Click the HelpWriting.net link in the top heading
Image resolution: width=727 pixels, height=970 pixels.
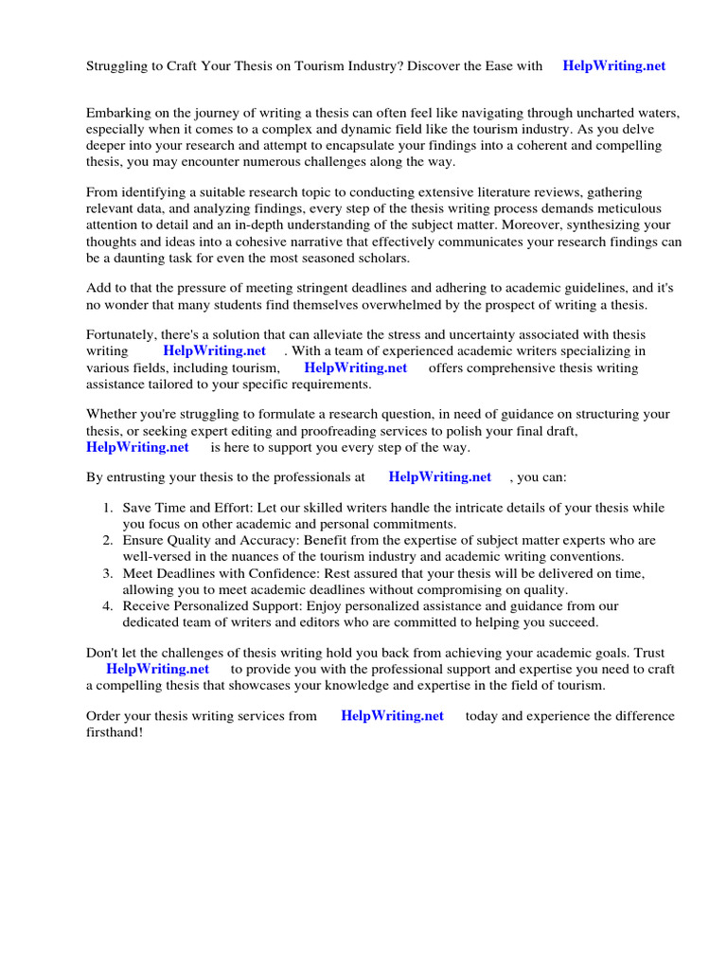pyautogui.click(x=613, y=66)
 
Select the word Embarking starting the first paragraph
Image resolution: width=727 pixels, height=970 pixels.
pyautogui.click(x=119, y=112)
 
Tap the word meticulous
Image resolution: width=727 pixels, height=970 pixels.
pyautogui.click(x=629, y=208)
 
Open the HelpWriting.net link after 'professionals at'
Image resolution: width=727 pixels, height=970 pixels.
pyautogui.click(x=440, y=477)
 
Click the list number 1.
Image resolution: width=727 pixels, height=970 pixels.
pyautogui.click(x=107, y=509)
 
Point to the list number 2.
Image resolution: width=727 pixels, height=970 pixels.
pyautogui.click(x=107, y=540)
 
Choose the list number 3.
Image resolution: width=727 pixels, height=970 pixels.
pyautogui.click(x=107, y=574)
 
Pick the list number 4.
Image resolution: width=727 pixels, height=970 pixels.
pyautogui.click(x=107, y=606)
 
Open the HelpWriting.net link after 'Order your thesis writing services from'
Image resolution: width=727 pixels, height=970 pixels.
pyautogui.click(x=392, y=716)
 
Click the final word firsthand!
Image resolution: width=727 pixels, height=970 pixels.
pyautogui.click(x=115, y=733)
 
